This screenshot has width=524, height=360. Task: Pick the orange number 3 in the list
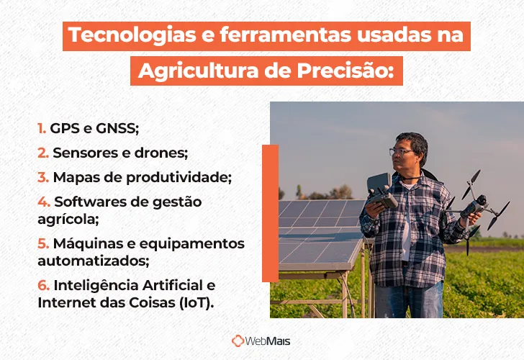pos(42,176)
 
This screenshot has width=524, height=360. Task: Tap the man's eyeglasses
pos(401,150)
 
